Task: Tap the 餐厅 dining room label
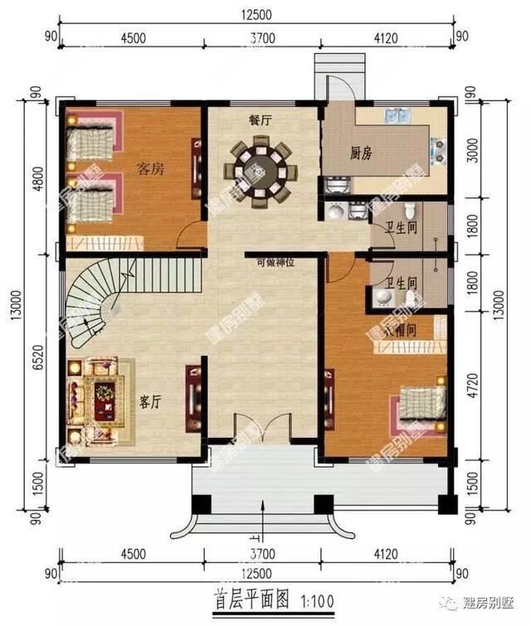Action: (260, 119)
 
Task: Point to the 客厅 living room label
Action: (149, 402)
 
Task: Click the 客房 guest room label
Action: (149, 169)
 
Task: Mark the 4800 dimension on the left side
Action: (37, 177)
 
